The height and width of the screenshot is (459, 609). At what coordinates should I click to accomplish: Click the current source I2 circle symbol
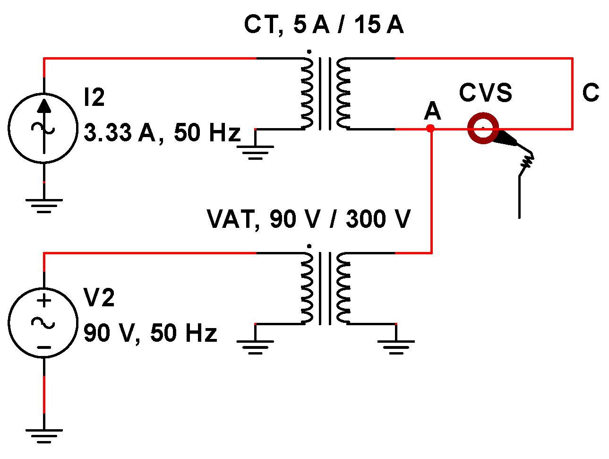pos(43,128)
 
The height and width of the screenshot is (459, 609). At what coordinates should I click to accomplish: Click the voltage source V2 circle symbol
pos(43,323)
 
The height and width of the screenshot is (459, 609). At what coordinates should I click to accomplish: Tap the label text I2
pos(94,97)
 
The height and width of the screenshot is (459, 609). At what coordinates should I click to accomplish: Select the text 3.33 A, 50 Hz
pos(162,133)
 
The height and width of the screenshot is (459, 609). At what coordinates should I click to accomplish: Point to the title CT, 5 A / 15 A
pos(324,25)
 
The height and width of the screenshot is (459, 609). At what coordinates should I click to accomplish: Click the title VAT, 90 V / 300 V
pos(309,219)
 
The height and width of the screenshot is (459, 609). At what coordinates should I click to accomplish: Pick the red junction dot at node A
pos(430,128)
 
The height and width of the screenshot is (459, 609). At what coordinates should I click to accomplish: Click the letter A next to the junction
pos(432,112)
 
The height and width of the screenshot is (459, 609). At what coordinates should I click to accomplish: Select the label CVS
pos(485,93)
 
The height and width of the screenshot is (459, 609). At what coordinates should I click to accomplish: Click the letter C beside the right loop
pos(591,93)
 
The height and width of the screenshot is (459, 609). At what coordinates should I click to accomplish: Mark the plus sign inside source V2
pos(44,301)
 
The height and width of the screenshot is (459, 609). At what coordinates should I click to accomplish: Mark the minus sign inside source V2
pos(44,347)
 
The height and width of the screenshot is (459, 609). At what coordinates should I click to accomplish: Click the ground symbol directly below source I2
pos(44,204)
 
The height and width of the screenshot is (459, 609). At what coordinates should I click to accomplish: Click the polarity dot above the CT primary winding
pos(309,52)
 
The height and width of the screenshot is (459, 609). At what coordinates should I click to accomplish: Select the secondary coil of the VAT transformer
pos(343,288)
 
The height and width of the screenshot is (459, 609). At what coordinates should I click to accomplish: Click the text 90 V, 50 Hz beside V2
pos(150,333)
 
